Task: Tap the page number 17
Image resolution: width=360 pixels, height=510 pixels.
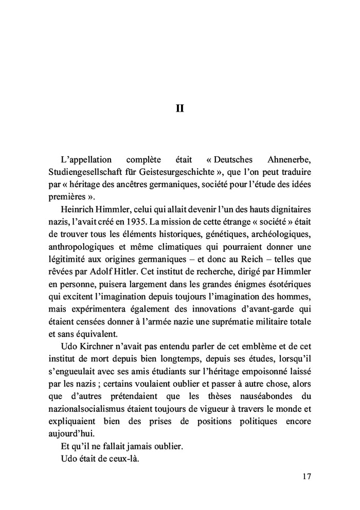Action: (306, 477)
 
